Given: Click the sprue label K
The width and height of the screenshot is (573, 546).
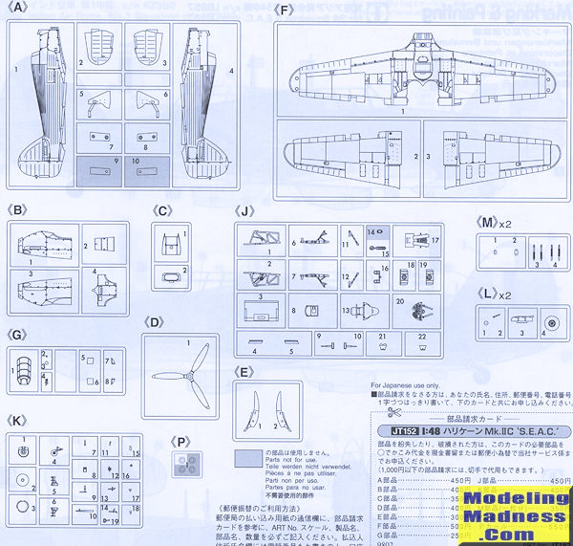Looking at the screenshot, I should point(15,421).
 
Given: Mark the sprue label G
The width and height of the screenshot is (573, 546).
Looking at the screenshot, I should point(15,337).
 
